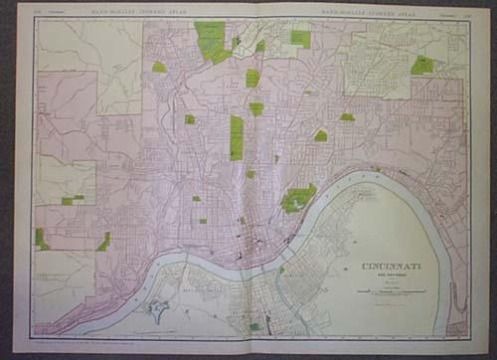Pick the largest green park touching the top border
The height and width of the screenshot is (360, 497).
211,41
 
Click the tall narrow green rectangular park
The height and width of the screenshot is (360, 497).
237,137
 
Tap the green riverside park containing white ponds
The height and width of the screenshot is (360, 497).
297,198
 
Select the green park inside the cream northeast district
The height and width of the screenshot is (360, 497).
422,65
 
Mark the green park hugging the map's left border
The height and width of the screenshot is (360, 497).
41,239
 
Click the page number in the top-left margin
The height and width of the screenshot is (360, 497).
39,11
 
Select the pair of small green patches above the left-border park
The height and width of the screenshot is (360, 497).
72,199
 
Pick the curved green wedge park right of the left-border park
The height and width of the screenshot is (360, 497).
103,241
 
